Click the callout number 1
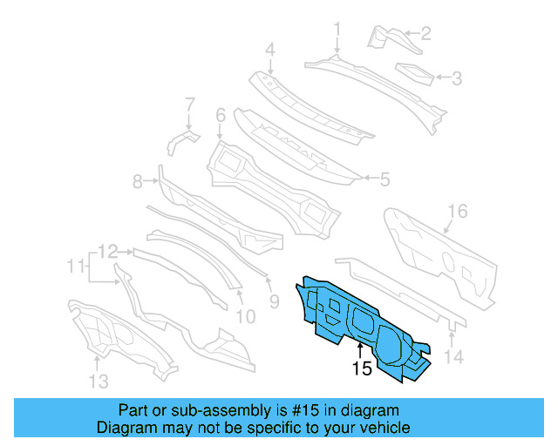[337, 30]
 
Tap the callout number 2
[425, 34]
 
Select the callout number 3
[456, 78]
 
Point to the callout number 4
[270, 50]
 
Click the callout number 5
[384, 180]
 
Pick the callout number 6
[221, 115]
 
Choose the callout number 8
[137, 182]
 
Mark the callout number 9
[273, 302]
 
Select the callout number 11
[76, 264]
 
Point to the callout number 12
[107, 252]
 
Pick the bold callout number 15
[361, 369]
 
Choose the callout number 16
[458, 211]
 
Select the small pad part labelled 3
[415, 73]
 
